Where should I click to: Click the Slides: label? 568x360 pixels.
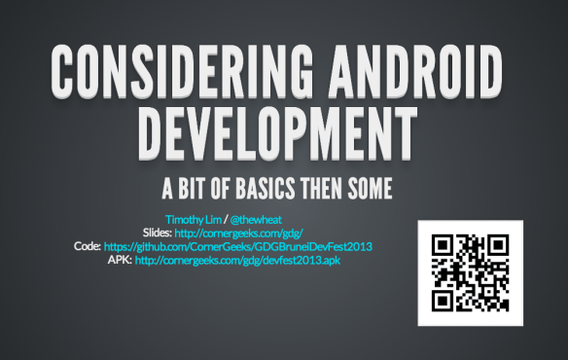coord(159,234)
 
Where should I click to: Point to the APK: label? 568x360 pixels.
coord(120,260)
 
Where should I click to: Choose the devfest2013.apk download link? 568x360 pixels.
coord(238,260)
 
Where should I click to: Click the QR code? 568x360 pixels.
coord(470,273)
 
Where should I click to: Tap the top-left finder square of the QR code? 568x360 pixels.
coord(444,247)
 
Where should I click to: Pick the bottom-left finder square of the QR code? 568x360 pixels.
coord(444,300)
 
